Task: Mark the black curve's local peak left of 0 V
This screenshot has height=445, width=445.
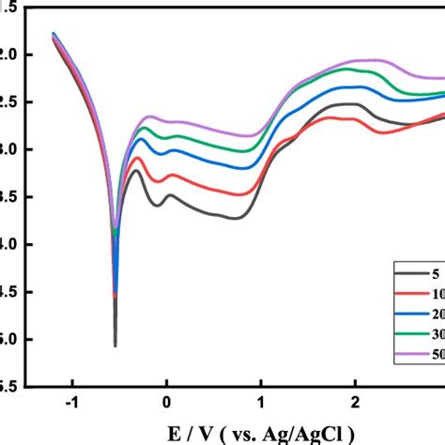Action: click(x=137, y=171)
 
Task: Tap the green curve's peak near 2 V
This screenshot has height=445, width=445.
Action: click(x=357, y=69)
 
